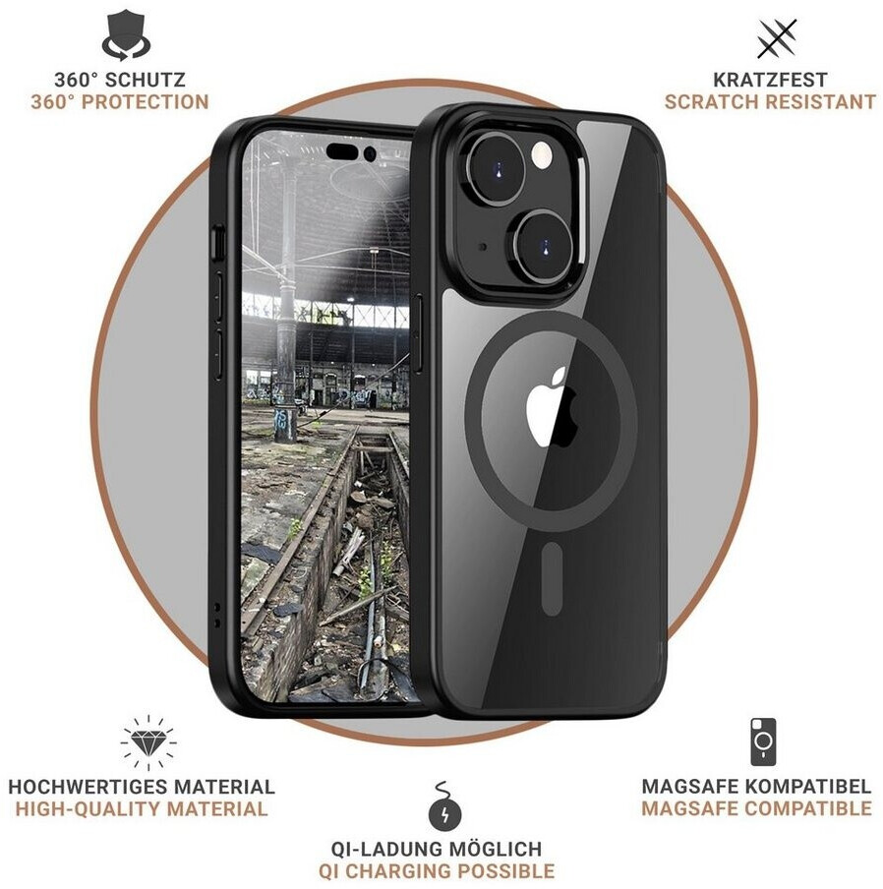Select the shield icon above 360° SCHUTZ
(x=126, y=35)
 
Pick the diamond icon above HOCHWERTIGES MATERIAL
(x=147, y=743)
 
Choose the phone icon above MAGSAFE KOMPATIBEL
(x=763, y=741)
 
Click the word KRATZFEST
(x=771, y=79)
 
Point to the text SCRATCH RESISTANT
(x=770, y=101)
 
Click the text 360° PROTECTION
(x=120, y=101)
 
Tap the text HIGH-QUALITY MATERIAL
(x=142, y=809)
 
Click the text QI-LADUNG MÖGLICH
(x=436, y=848)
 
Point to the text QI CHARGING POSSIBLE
(x=436, y=870)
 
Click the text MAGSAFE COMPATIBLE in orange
(x=756, y=808)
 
